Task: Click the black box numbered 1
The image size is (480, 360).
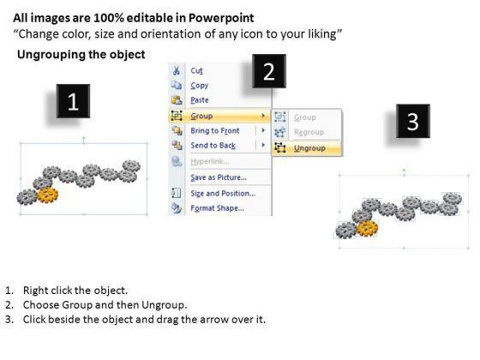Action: click(x=73, y=101)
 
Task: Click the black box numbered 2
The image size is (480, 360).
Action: click(x=269, y=71)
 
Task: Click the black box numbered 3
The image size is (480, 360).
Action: click(x=413, y=121)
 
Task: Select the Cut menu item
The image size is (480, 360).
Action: click(x=196, y=70)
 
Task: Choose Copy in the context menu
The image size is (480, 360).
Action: click(x=199, y=86)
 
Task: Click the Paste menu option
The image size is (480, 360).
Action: click(x=200, y=100)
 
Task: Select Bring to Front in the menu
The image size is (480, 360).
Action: click(x=215, y=130)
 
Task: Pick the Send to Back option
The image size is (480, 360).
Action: click(x=213, y=146)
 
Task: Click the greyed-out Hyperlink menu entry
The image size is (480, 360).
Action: click(x=210, y=161)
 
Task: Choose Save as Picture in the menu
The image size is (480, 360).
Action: click(x=219, y=177)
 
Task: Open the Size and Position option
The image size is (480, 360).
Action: click(x=223, y=194)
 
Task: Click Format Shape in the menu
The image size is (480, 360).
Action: click(x=217, y=208)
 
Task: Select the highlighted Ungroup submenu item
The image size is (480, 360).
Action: click(x=309, y=148)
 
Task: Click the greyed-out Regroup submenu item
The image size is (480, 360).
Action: click(x=309, y=132)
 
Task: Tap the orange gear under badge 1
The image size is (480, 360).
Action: click(x=48, y=195)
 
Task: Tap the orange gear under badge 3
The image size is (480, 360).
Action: click(x=368, y=228)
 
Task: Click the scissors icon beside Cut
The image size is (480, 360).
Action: click(x=177, y=70)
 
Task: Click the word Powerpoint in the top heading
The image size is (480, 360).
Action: click(x=221, y=18)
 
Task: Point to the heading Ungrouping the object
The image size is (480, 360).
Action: click(x=81, y=55)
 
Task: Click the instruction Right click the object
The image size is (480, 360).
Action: click(x=75, y=291)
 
